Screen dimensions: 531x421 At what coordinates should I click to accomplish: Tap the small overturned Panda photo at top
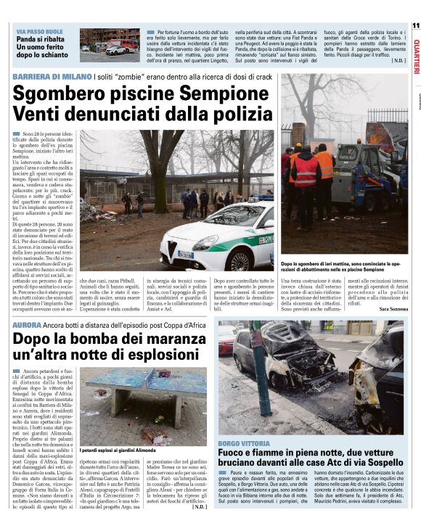coord(109,45)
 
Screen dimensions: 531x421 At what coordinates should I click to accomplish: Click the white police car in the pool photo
coord(218,234)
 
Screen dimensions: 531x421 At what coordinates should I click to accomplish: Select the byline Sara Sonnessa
coord(393,310)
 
